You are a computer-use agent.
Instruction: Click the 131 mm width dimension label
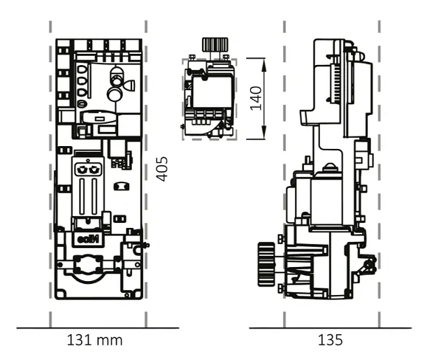tap(94, 340)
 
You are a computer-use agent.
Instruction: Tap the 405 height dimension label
tap(161, 169)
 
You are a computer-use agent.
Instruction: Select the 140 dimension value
tap(256, 99)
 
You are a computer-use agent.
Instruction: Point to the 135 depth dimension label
tap(330, 340)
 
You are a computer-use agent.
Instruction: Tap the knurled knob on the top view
tap(215, 44)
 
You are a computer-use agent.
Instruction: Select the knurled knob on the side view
tap(266, 264)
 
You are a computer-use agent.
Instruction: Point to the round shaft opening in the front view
tap(88, 264)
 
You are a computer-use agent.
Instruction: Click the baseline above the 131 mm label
tap(98, 328)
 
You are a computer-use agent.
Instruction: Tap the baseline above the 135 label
tap(331, 328)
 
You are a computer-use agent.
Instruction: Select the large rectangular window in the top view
tap(212, 92)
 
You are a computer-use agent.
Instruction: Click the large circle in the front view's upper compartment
tap(115, 94)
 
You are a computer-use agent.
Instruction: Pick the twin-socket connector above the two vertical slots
tap(87, 169)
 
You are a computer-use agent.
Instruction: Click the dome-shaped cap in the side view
tap(329, 166)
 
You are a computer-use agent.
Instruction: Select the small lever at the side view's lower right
tap(368, 266)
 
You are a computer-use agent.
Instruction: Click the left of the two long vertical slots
tap(82, 196)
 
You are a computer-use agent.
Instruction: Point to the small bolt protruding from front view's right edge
tap(147, 245)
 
